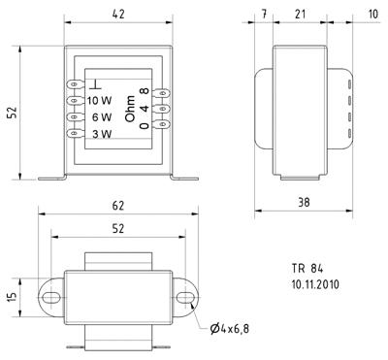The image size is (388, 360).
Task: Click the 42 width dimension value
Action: [116, 14]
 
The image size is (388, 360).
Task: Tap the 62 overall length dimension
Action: [118, 206]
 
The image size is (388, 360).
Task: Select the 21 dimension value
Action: [301, 14]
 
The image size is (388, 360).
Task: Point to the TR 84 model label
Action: [307, 269]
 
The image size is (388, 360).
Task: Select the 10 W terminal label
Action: [99, 100]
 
